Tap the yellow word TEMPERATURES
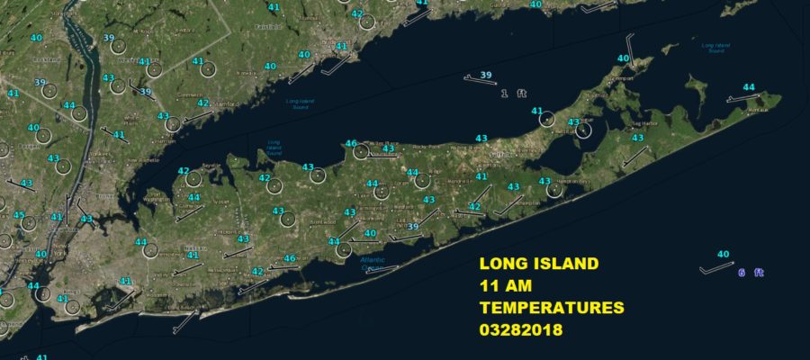pos(551,308)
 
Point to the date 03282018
pos(521,329)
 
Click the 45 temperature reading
pos(19,216)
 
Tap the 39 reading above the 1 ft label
pos(486,75)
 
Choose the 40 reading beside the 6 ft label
pos(723,255)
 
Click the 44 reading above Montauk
pos(748,87)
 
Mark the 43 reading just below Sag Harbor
pos(637,138)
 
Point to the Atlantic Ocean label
pos(373,264)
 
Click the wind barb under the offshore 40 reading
pos(717,267)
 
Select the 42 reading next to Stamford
pos(203,103)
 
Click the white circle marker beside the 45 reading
pos(29,222)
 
